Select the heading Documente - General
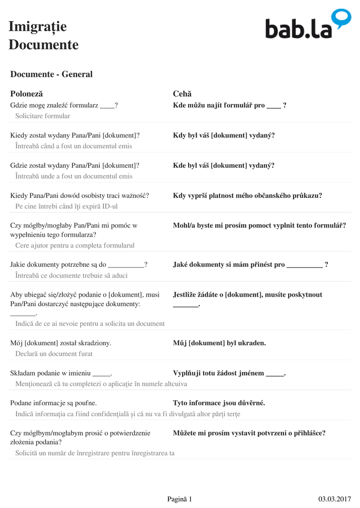point(51,74)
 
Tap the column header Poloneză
point(27,94)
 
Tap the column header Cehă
point(182,94)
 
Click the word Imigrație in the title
point(38,26)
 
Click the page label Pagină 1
point(179,499)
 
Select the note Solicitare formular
point(43,116)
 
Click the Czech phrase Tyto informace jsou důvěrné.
point(219,403)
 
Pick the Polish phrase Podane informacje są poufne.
point(54,403)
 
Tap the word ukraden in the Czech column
point(251,343)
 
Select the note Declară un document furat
point(54,354)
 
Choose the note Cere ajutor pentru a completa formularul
point(75,245)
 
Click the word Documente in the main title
point(44,45)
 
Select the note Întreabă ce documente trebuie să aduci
point(72,275)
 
